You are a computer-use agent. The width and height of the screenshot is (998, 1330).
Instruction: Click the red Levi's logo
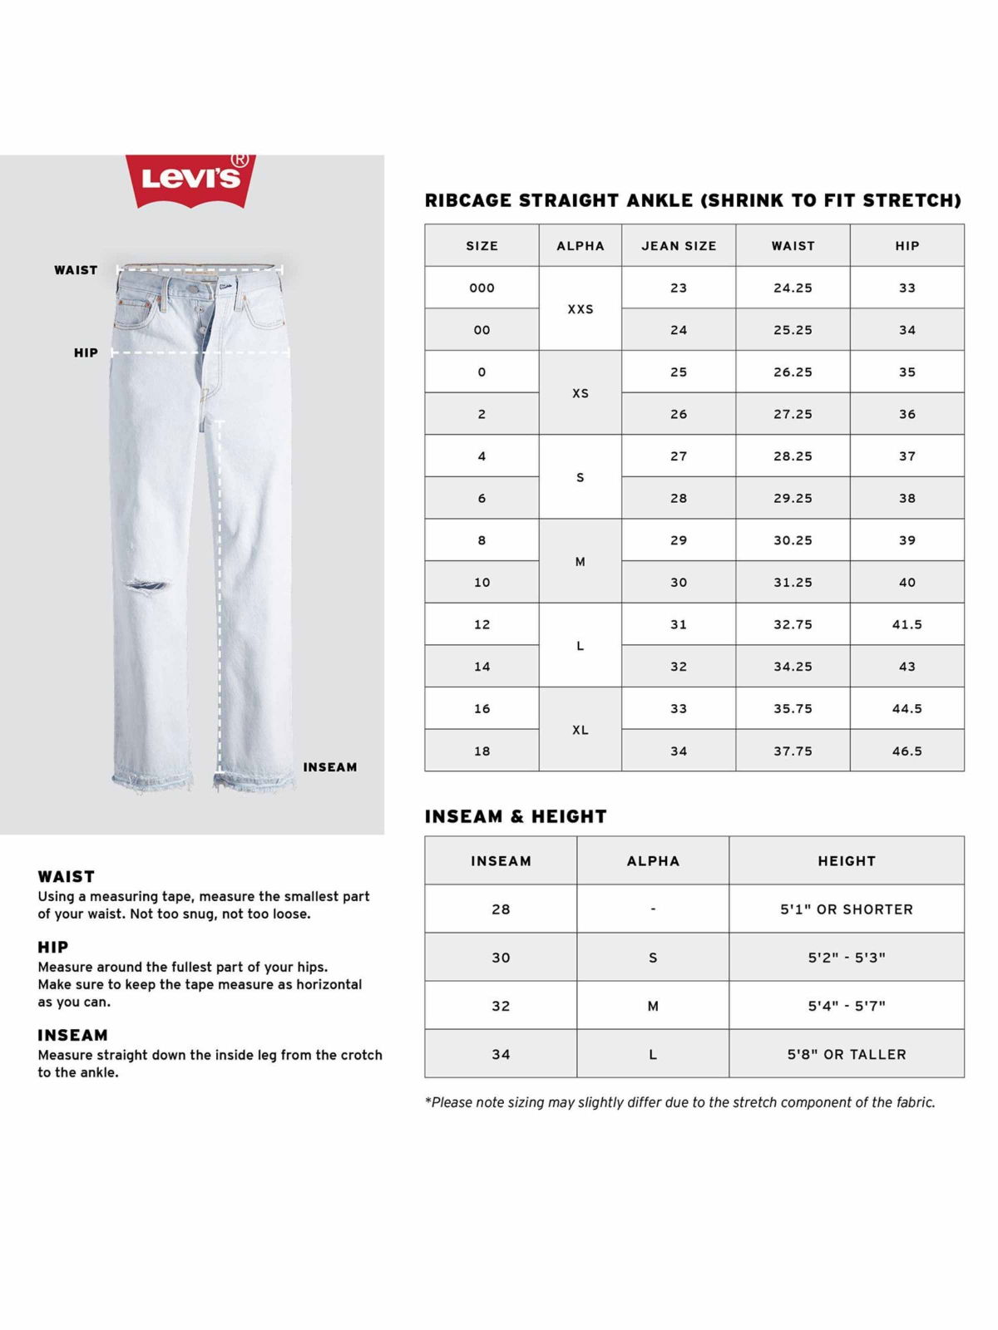[190, 179]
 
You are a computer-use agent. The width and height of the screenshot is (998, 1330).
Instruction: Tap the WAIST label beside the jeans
[76, 270]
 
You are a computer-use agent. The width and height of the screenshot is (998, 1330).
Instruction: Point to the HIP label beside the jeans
[86, 352]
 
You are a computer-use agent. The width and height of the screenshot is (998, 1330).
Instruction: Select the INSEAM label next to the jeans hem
[330, 767]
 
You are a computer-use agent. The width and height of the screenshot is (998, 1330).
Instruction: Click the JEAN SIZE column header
[679, 246]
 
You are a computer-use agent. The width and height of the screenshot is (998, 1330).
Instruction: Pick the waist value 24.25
[793, 288]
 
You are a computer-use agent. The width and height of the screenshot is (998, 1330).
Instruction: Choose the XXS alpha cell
[581, 309]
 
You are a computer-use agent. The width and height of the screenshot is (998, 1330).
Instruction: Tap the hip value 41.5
[907, 624]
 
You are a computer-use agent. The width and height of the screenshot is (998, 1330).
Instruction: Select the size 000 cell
[482, 288]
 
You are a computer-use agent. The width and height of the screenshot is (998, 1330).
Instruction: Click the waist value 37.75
[793, 751]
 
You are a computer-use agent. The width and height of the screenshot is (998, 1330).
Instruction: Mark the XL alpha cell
[581, 730]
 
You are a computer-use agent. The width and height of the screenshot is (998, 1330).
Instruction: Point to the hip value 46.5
[907, 751]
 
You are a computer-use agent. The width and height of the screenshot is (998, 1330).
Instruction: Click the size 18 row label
[482, 751]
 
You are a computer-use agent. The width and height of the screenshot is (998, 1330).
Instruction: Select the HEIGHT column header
[847, 861]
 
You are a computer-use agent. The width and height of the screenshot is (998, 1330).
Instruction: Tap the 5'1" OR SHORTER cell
[847, 909]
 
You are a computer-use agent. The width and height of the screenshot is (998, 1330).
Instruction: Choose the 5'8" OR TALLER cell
[847, 1054]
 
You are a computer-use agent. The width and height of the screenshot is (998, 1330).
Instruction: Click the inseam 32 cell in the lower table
[501, 1006]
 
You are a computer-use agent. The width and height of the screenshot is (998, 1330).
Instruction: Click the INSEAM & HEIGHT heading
[516, 816]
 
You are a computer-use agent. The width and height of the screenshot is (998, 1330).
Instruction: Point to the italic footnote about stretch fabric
[679, 1102]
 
